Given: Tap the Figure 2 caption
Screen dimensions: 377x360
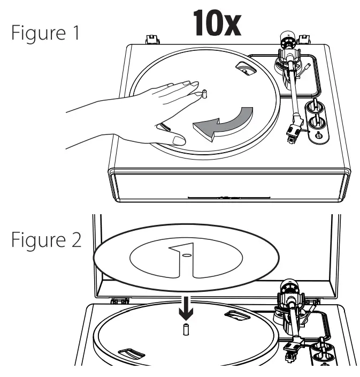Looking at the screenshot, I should click(46, 239).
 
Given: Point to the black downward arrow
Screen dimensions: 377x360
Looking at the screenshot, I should click(185, 304).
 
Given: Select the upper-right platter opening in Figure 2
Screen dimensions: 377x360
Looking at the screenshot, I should click(236, 316).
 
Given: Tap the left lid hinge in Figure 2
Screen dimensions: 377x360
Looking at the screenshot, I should click(119, 301).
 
